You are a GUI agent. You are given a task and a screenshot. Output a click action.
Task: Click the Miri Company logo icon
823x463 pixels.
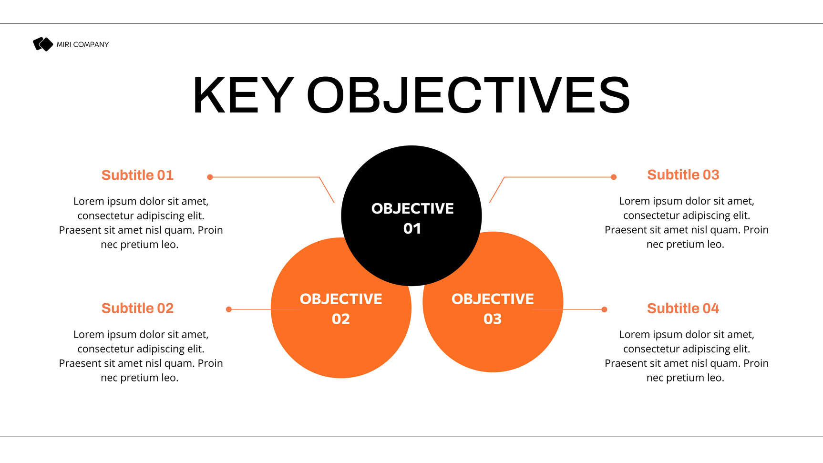pos(43,44)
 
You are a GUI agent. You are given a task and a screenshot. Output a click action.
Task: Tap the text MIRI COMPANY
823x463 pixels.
pos(83,44)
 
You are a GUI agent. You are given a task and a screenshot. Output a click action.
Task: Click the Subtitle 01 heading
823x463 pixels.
pos(137,175)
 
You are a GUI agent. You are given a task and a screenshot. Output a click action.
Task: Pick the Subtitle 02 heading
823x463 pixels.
pos(137,308)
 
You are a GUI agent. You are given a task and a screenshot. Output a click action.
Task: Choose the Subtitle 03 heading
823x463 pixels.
pos(683,175)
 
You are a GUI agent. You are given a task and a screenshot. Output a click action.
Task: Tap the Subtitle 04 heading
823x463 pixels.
pos(683,308)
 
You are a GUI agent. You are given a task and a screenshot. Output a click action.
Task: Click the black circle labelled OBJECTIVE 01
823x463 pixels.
pos(411,216)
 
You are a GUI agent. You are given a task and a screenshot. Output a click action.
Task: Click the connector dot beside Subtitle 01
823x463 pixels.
pos(210,177)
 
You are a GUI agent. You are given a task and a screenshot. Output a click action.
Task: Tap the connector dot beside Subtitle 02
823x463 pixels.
pos(229,309)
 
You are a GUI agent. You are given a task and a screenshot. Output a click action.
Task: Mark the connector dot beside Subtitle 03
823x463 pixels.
pos(614,177)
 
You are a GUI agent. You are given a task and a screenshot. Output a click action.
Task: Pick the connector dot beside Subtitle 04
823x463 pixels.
pos(604,309)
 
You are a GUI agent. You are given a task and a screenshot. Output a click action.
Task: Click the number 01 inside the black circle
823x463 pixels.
pos(412,229)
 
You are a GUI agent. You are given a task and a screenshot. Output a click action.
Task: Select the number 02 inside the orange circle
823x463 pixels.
pos(341,319)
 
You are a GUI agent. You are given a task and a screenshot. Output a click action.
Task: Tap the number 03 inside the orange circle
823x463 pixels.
pos(493,319)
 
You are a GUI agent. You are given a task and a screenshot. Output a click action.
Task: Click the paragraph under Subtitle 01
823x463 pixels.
pos(141,223)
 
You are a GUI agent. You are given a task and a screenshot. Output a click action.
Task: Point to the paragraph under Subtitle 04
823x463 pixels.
pos(687,356)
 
